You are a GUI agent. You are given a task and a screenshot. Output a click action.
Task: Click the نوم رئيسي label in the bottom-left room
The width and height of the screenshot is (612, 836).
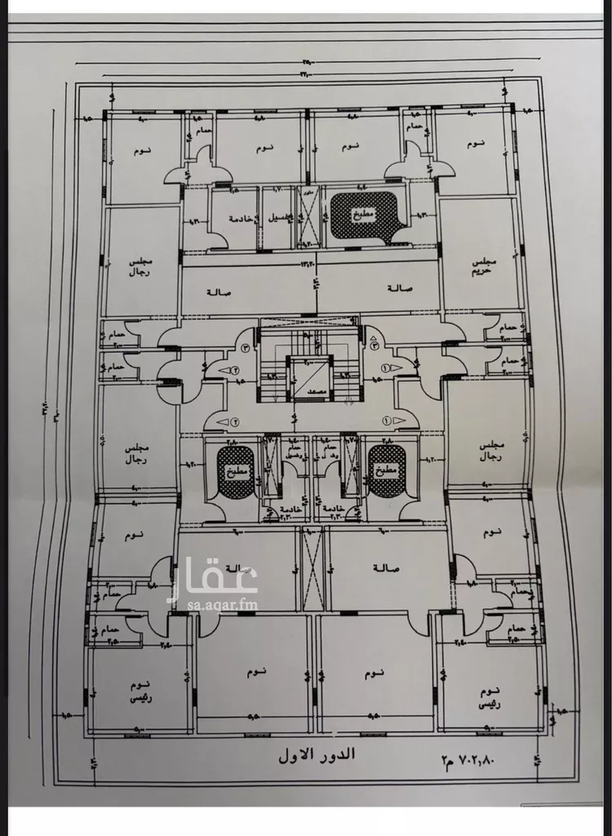click(x=140, y=690)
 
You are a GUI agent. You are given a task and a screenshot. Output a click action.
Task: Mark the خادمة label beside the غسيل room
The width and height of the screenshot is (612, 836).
click(x=239, y=219)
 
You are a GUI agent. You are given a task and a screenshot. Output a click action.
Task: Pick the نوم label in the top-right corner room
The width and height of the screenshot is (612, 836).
click(x=476, y=144)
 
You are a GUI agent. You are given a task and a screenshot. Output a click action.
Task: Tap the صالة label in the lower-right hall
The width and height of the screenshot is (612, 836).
click(x=385, y=567)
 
